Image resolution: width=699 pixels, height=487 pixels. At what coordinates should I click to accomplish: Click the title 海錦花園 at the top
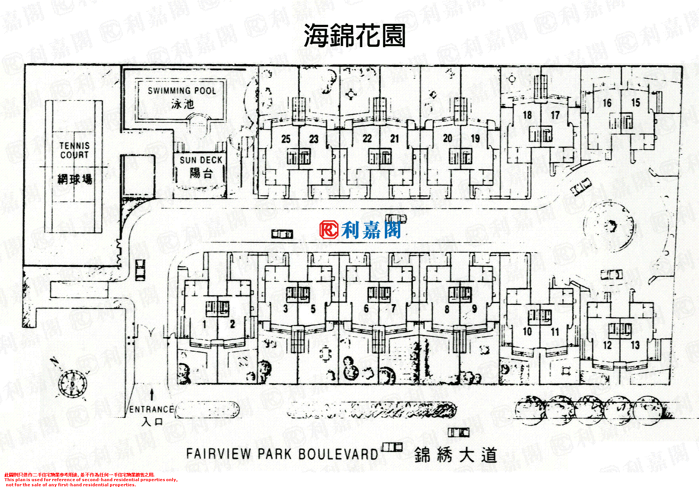[354, 36]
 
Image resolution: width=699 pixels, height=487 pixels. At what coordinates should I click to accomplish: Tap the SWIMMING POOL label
[182, 91]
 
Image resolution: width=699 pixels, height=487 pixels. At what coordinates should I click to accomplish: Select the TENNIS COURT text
[75, 150]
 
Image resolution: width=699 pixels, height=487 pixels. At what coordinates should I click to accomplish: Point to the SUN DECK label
[201, 160]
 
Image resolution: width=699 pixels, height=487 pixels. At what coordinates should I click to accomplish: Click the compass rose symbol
[72, 383]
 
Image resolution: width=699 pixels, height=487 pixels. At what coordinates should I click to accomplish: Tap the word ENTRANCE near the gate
[151, 409]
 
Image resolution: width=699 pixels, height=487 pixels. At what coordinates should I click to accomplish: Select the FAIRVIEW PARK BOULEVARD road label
[282, 454]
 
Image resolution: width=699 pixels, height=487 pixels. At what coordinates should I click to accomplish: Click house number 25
[286, 139]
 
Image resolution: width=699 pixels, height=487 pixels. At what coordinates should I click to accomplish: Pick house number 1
[204, 324]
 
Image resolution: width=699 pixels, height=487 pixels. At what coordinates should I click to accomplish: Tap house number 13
[635, 345]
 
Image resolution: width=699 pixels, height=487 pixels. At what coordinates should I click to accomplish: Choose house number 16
[607, 103]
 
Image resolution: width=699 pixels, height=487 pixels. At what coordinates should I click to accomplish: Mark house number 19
[475, 138]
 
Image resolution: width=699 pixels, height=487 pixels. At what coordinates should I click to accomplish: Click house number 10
[527, 331]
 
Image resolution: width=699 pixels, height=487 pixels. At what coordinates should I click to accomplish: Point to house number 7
[393, 309]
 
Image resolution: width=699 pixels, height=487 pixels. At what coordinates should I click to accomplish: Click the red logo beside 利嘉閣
[329, 230]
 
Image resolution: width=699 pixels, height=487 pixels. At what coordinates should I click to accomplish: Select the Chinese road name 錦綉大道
[456, 455]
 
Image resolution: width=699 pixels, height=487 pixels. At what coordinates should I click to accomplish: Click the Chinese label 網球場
[75, 179]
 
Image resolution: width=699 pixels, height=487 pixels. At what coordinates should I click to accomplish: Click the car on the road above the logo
[396, 218]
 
